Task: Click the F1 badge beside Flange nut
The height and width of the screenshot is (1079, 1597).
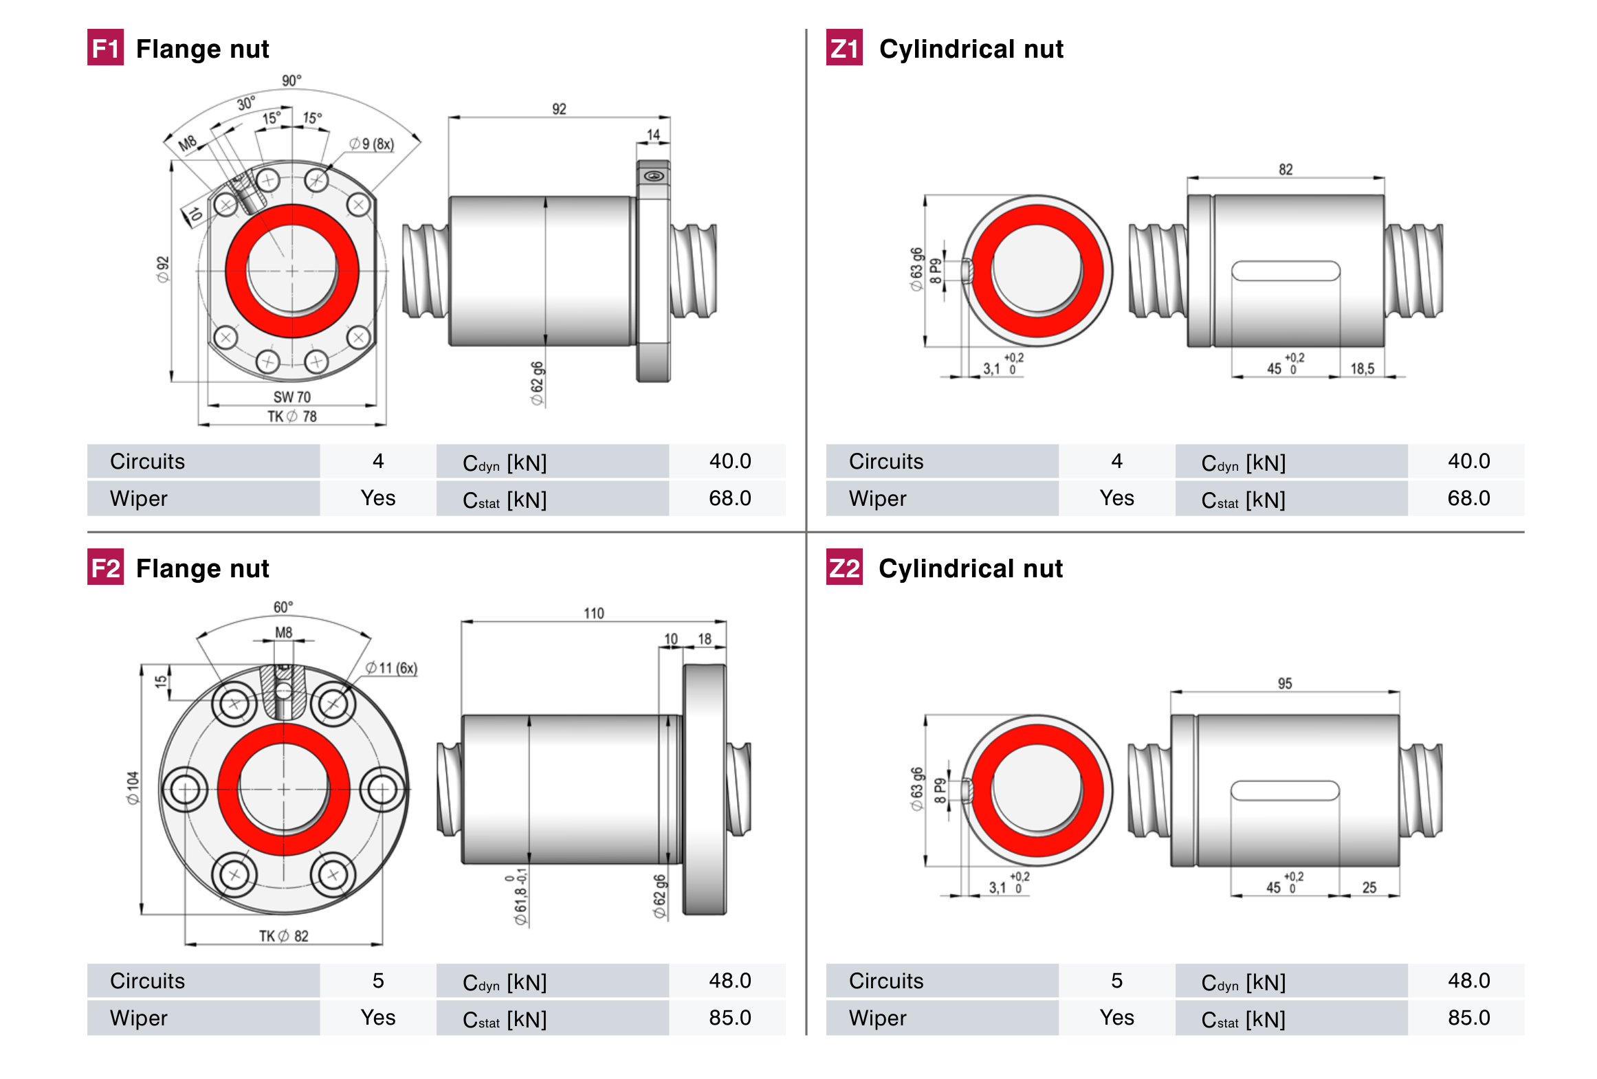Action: tap(105, 47)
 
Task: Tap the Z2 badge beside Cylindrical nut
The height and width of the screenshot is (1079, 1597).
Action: tap(844, 567)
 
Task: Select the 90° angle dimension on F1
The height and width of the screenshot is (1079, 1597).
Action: tap(291, 80)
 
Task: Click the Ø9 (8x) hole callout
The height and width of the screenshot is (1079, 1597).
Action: tap(371, 144)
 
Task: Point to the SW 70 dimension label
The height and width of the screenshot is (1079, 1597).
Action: tap(291, 397)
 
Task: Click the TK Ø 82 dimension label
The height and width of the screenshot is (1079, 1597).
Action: tap(283, 935)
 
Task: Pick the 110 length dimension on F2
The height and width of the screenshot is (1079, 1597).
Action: tap(593, 612)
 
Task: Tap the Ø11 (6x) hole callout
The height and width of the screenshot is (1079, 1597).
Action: tap(391, 667)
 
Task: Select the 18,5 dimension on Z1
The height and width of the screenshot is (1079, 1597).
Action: tap(1362, 368)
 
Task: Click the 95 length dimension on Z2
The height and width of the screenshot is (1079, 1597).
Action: tap(1284, 683)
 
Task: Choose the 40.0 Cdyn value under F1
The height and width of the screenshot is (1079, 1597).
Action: tap(729, 461)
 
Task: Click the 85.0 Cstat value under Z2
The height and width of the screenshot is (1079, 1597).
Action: tap(1468, 1017)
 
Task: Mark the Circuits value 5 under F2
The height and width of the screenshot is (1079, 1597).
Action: tap(377, 981)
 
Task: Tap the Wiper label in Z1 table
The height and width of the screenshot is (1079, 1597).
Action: tap(877, 498)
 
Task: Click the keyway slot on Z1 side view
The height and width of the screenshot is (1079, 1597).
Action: tap(1285, 271)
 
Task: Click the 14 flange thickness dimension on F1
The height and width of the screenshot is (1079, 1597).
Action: tap(653, 135)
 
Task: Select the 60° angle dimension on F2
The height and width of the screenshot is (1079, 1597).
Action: tap(283, 607)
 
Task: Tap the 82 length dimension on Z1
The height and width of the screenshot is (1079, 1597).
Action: tap(1285, 169)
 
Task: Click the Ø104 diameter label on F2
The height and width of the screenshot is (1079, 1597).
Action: tap(133, 788)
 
